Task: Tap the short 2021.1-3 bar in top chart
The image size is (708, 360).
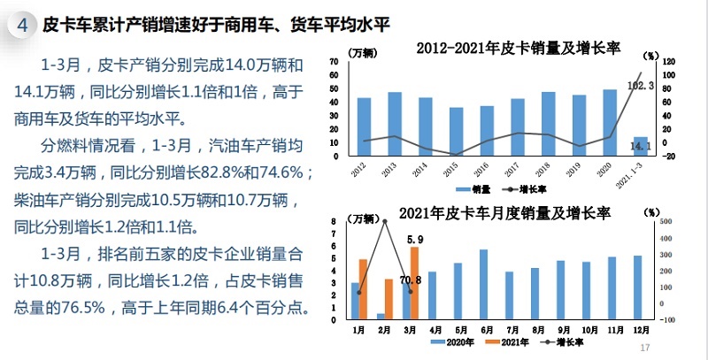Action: click(641, 148)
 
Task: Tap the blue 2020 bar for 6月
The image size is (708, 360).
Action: click(483, 284)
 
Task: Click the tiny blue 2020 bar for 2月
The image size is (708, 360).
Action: click(381, 316)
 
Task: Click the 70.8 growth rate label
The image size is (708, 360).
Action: click(412, 280)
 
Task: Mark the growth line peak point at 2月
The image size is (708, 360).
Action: click(385, 221)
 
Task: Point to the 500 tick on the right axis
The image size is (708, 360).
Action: click(667, 222)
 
